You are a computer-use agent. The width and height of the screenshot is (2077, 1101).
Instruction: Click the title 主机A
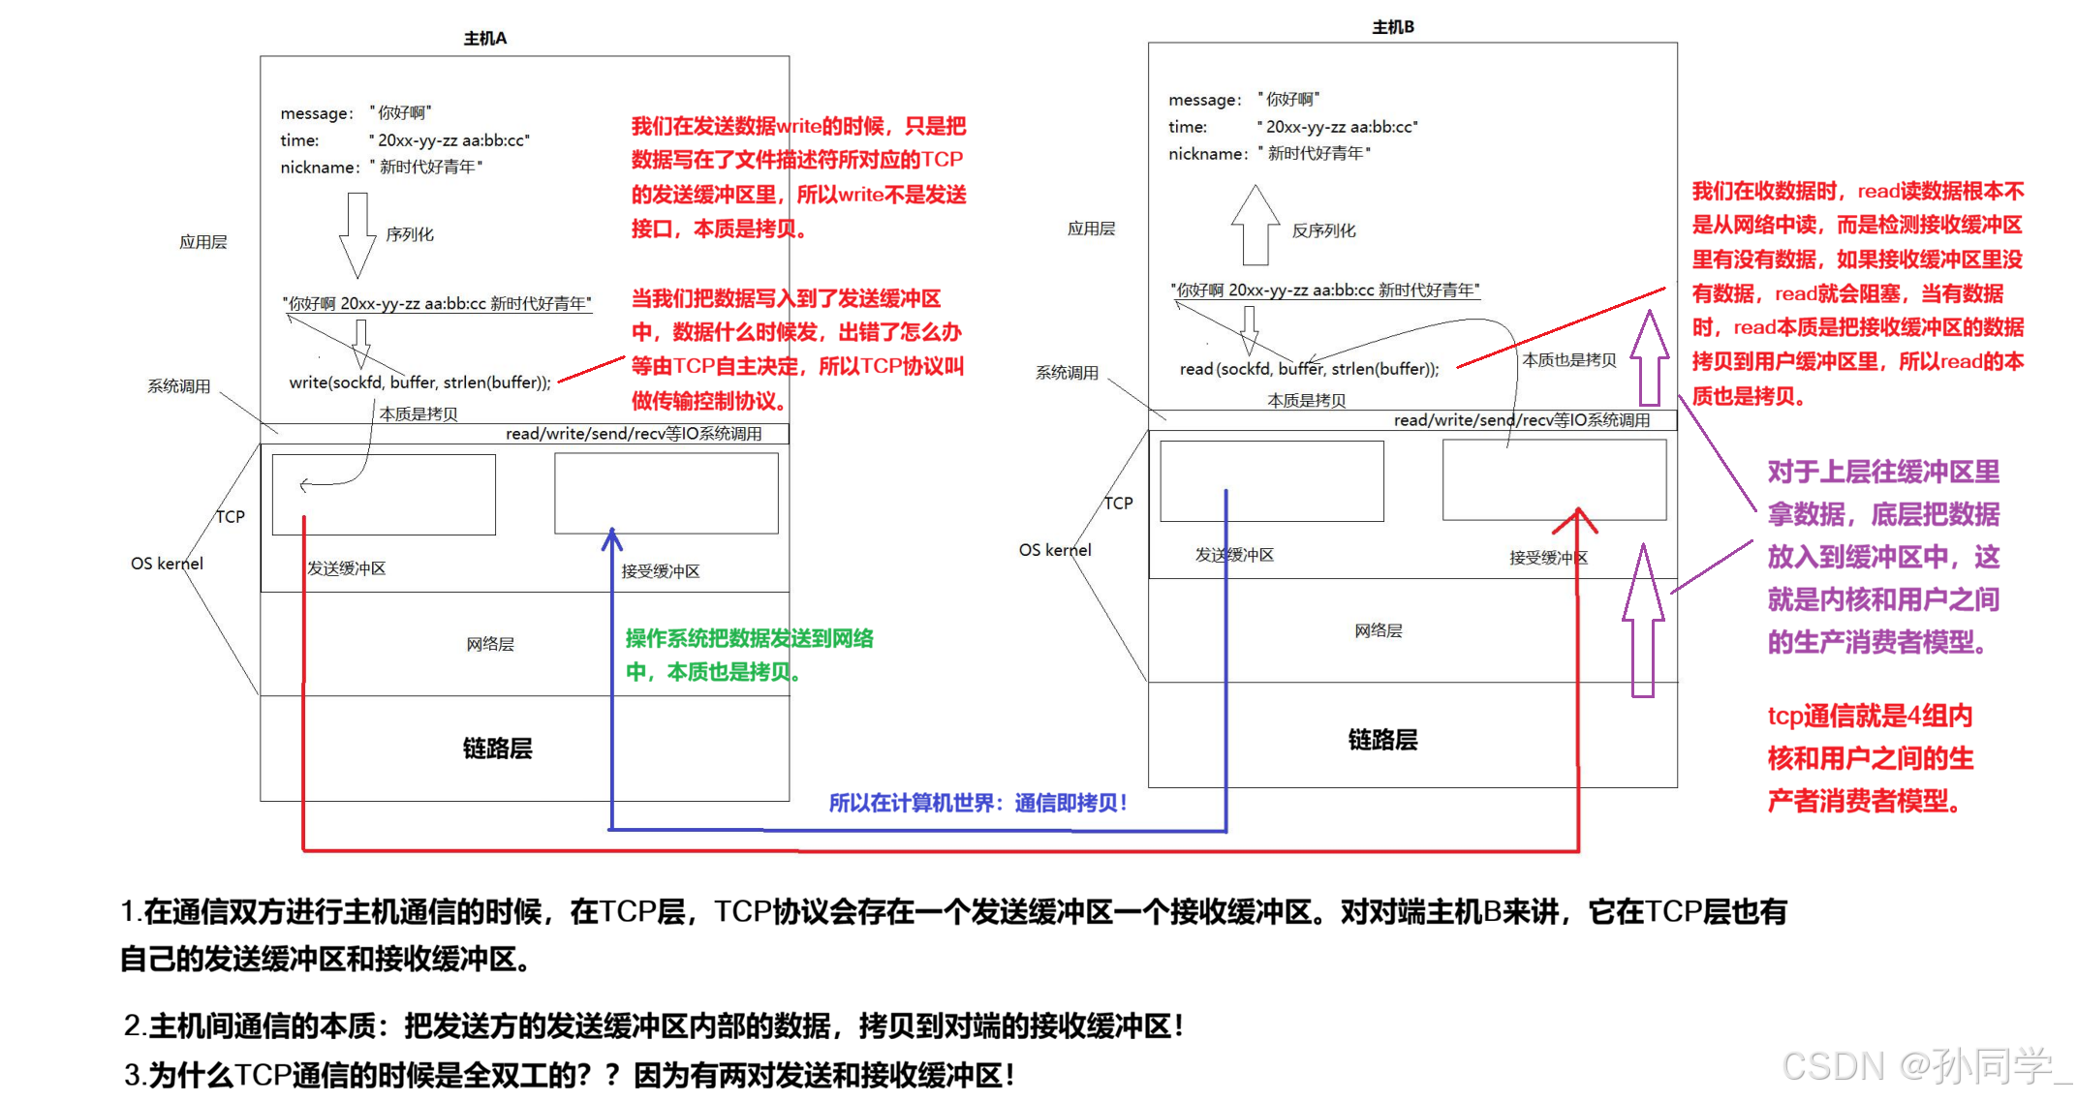[484, 39]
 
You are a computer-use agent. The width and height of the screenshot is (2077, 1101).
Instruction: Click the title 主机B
[1392, 27]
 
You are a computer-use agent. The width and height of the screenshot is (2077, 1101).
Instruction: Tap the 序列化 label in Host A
[410, 234]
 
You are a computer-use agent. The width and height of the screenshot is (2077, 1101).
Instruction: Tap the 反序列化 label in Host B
[1323, 230]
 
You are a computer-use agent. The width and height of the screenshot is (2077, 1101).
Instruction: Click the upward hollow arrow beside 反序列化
[1255, 225]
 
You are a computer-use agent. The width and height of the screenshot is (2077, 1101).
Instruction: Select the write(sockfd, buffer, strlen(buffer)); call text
[419, 382]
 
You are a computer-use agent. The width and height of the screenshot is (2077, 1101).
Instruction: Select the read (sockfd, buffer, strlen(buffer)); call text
[1309, 369]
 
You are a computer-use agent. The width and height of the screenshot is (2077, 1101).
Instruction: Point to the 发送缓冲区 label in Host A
[347, 568]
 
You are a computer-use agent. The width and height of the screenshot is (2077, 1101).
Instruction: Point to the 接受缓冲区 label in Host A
[661, 571]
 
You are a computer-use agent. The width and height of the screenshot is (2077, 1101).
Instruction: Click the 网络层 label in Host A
[490, 644]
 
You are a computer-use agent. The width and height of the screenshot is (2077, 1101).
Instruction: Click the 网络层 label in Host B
[1379, 630]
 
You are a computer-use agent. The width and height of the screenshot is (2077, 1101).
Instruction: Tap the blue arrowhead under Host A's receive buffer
[612, 538]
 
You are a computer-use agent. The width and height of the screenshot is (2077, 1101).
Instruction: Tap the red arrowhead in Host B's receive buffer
[1577, 519]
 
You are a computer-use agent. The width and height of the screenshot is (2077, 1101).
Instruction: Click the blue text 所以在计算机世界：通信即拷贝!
[977, 803]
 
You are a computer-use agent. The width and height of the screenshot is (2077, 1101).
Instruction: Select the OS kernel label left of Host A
[167, 564]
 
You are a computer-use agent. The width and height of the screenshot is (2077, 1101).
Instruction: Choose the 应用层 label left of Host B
[1091, 229]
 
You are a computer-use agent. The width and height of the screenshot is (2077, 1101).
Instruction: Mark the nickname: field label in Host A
[320, 168]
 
